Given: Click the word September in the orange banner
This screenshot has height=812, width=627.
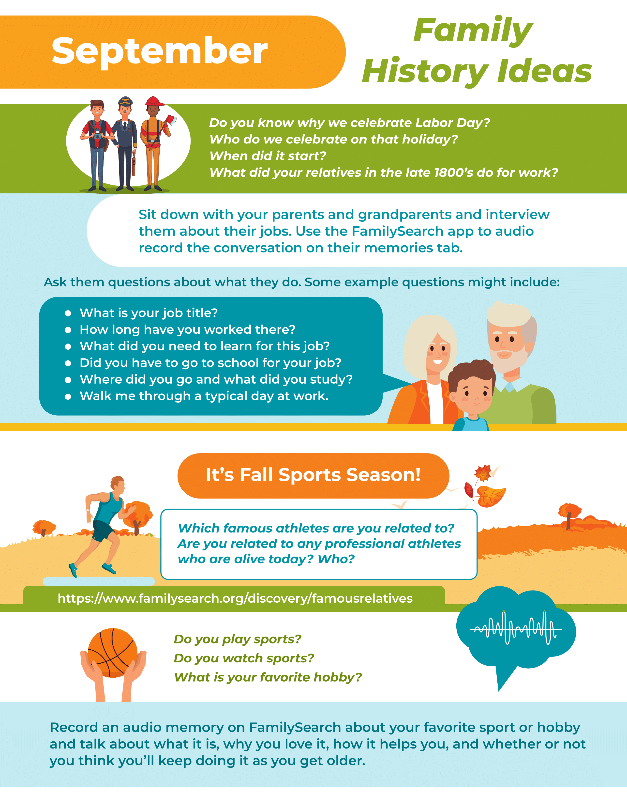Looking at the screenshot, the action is [x=160, y=52].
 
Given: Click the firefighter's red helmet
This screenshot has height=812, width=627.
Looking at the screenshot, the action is [x=155, y=101].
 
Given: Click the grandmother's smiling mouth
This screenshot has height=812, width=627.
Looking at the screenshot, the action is [x=438, y=361].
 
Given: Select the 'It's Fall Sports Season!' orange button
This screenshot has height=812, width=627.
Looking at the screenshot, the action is [x=313, y=476].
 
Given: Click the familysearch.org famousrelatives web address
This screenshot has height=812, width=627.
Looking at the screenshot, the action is [x=235, y=598].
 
